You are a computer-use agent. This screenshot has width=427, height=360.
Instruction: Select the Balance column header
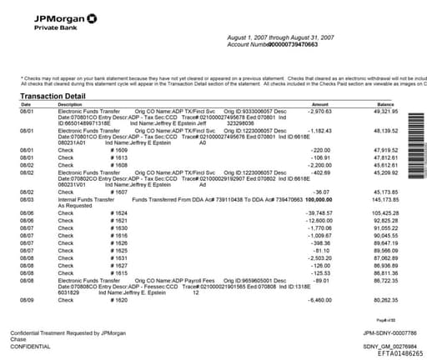pyautogui.click(x=384, y=103)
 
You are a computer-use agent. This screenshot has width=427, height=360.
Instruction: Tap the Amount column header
pyautogui.click(x=320, y=103)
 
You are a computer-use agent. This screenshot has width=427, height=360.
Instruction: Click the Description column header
pyautogui.click(x=69, y=103)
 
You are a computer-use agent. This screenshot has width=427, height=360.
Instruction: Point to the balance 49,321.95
pyautogui.click(x=385, y=111)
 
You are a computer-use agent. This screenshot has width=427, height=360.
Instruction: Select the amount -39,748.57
pyautogui.click(x=316, y=213)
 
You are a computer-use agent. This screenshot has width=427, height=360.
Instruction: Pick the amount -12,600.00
pyautogui.click(x=317, y=220)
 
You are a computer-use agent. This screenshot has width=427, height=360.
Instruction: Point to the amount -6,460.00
pyautogui.click(x=319, y=298)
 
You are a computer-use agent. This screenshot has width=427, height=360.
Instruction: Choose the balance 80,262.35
pyautogui.click(x=385, y=298)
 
